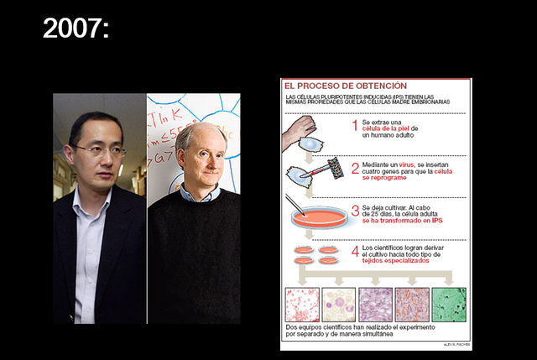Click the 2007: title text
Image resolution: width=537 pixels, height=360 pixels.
[x=76, y=29]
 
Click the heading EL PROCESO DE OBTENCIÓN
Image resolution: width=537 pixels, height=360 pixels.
[x=345, y=86]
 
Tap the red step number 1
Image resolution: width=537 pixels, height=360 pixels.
[x=354, y=126]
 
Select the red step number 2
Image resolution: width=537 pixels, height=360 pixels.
[x=354, y=168]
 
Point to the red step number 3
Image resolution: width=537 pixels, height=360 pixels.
[x=354, y=210]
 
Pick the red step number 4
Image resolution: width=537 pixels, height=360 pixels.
[x=354, y=251]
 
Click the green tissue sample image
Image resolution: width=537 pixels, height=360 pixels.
[x=450, y=304]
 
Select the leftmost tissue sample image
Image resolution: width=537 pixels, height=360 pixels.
[x=302, y=304]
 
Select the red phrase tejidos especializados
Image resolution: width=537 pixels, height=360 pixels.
[x=396, y=260]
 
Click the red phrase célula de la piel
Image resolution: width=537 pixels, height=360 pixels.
[x=390, y=128]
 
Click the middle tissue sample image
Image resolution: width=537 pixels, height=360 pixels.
[x=376, y=304]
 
